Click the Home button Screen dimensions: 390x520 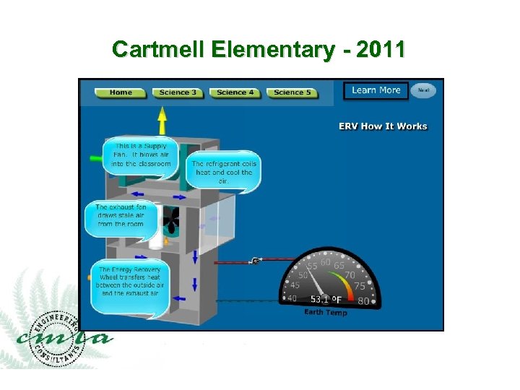click(121, 92)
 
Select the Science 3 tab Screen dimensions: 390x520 click(178, 92)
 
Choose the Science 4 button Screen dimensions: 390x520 click(235, 92)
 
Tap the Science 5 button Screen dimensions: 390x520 click(292, 92)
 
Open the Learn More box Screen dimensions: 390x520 click(376, 90)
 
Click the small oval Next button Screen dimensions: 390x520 click(424, 90)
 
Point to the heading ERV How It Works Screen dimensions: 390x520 click(383, 126)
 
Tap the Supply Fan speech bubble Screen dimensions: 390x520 click(140, 155)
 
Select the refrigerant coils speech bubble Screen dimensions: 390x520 click(222, 172)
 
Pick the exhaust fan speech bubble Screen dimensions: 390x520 click(121, 216)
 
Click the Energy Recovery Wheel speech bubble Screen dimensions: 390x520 click(129, 281)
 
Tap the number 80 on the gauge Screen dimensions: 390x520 click(363, 300)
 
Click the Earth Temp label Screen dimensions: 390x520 click(326, 312)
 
